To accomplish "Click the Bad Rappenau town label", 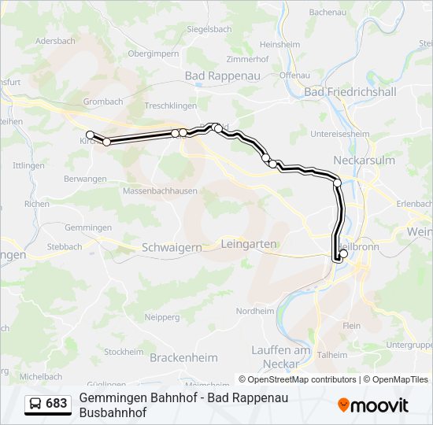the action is point(216,76).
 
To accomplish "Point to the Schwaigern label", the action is point(172,247).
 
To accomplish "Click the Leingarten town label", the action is point(250,244).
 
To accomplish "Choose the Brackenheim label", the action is point(183,357).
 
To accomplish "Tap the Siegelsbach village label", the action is point(209,29).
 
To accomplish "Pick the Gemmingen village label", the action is point(88,227).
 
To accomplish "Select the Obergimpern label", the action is point(153,54).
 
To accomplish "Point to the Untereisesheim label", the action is point(340,134).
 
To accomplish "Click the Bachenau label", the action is point(328,13).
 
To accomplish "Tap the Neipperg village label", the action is point(163,317).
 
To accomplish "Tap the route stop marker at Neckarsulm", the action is point(338,183).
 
